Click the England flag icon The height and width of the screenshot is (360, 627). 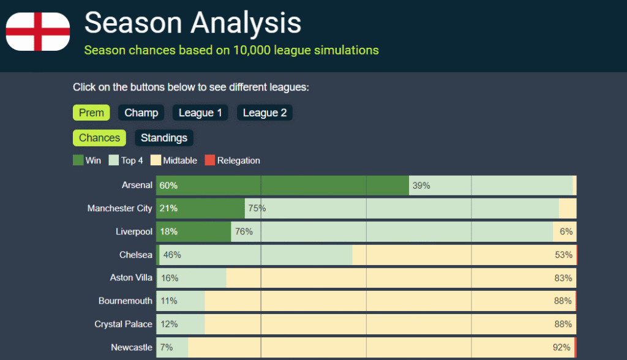tap(38, 32)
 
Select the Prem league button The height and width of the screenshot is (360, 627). tap(91, 113)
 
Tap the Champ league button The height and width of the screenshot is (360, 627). tap(141, 113)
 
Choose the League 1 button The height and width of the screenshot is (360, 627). tap(200, 113)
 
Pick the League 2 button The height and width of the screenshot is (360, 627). tap(265, 113)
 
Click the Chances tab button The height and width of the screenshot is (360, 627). tap(99, 138)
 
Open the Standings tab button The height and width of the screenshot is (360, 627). tap(164, 138)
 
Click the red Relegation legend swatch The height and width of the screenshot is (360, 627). tap(210, 160)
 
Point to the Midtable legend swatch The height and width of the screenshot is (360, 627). tap(156, 160)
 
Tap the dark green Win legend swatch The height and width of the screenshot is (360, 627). tap(78, 160)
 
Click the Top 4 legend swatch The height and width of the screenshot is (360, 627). tap(114, 160)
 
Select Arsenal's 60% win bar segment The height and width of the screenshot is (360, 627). tap(282, 186)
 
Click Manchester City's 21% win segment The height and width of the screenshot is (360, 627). tap(200, 208)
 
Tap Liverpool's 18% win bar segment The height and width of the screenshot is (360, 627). tap(193, 231)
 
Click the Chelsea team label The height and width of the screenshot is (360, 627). tap(136, 255)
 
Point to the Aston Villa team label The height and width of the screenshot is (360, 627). tap(131, 278)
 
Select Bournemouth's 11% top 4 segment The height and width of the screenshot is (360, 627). tap(181, 301)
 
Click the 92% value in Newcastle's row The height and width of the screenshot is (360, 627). tap(561, 347)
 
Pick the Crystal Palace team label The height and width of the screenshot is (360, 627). tap(123, 324)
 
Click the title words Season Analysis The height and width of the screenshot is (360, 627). tap(193, 23)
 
